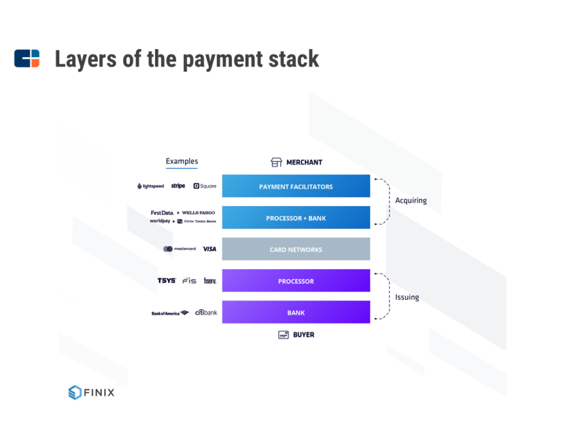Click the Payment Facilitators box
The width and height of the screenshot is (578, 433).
[296, 186]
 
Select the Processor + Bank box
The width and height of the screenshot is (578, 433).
[296, 218]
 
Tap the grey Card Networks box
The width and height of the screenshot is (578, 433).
[296, 249]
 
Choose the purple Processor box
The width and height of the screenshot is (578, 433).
[296, 281]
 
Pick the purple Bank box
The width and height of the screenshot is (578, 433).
[296, 312]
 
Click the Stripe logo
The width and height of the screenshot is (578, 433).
[178, 186]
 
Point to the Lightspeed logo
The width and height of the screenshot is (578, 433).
[150, 186]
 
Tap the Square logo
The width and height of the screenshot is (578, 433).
[205, 186]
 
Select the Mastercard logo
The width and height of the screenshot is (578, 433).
[179, 249]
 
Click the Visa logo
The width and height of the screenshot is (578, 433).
[209, 249]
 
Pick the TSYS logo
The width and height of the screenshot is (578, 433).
[166, 281]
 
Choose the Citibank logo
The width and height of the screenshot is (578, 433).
[206, 312]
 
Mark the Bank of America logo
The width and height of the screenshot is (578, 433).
[169, 313]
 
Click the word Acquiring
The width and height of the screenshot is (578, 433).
[411, 201]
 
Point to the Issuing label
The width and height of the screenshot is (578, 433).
[407, 297]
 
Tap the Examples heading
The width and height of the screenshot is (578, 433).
[181, 161]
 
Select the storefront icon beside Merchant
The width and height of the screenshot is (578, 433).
[277, 162]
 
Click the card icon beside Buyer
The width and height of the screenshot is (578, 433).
[284, 335]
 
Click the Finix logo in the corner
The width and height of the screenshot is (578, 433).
[91, 392]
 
